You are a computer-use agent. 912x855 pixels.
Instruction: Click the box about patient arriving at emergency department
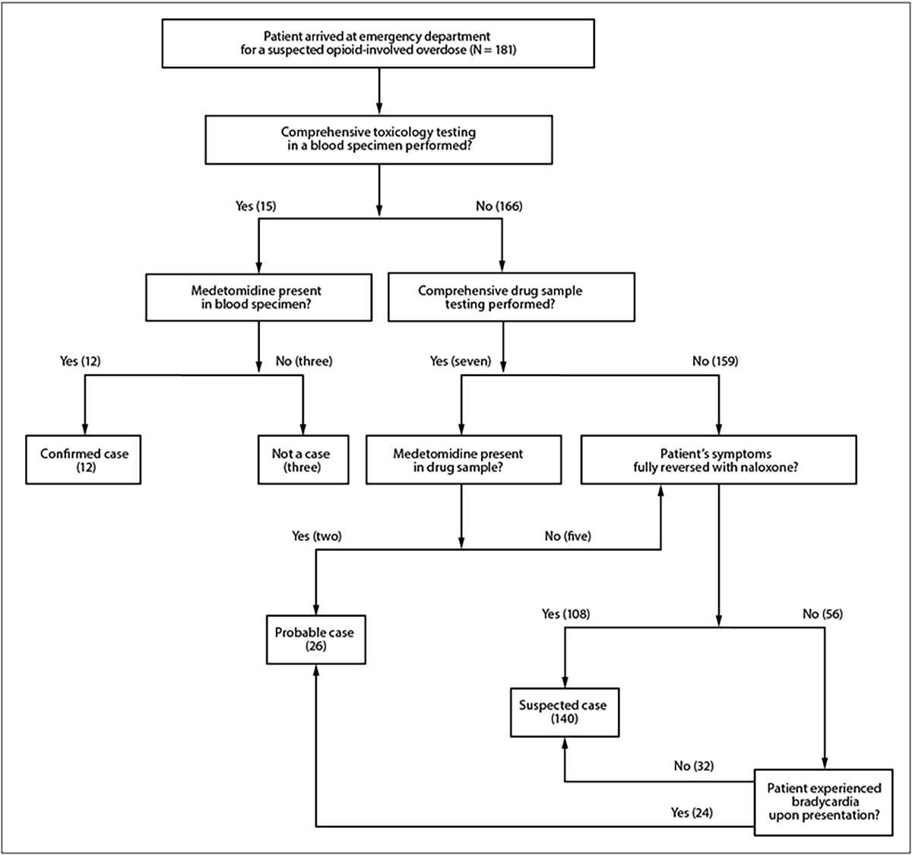tap(378, 43)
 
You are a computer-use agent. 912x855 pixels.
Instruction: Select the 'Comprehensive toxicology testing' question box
tap(378, 139)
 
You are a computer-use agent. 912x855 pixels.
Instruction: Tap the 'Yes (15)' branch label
tap(256, 206)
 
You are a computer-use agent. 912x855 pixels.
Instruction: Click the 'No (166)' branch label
tap(499, 206)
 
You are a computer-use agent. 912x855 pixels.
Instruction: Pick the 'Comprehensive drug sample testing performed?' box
tap(511, 298)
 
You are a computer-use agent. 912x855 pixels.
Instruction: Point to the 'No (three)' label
tap(304, 361)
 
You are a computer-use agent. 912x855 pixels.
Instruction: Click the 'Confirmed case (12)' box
tap(84, 460)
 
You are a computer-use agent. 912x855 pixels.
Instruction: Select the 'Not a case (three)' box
tap(302, 460)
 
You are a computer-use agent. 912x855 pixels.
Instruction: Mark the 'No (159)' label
tap(715, 361)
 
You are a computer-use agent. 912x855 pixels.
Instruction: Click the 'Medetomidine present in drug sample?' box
tap(464, 460)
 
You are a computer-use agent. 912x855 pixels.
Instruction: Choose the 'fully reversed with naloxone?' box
tap(718, 460)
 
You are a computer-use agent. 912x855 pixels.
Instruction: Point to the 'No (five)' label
tap(568, 536)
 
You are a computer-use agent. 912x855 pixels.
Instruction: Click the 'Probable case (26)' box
tap(315, 639)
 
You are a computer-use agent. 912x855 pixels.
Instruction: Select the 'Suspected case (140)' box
tap(563, 712)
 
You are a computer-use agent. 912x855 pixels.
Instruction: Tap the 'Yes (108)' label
tap(565, 613)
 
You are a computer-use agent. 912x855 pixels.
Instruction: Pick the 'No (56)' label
tap(822, 613)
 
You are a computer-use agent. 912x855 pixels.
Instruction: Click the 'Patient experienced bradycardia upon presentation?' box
tap(824, 802)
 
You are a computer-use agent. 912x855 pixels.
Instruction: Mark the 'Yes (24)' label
tap(692, 812)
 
